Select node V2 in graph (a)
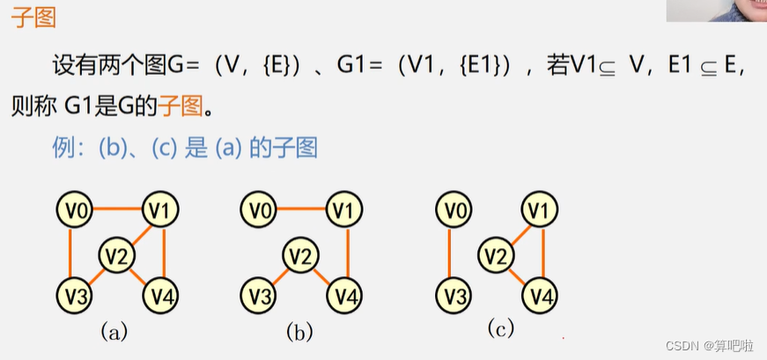click(x=116, y=255)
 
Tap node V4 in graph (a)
click(x=162, y=294)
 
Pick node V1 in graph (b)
click(x=345, y=209)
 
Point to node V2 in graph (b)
click(x=300, y=256)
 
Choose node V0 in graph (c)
click(x=452, y=210)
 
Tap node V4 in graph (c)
click(x=542, y=294)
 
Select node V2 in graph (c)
click(x=496, y=256)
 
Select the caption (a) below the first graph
click(x=114, y=332)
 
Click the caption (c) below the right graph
click(x=499, y=328)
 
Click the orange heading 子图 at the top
click(x=33, y=17)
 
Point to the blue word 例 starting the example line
click(x=62, y=147)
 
